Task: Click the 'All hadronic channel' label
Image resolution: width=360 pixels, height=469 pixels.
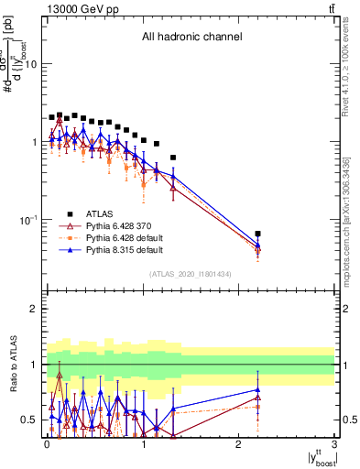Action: (x=191, y=38)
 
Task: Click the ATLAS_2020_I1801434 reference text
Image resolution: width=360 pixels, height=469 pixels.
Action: (x=191, y=274)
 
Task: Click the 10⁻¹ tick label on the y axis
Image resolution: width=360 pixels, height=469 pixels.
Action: (x=29, y=220)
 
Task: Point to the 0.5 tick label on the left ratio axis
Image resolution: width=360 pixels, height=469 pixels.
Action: (x=30, y=420)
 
